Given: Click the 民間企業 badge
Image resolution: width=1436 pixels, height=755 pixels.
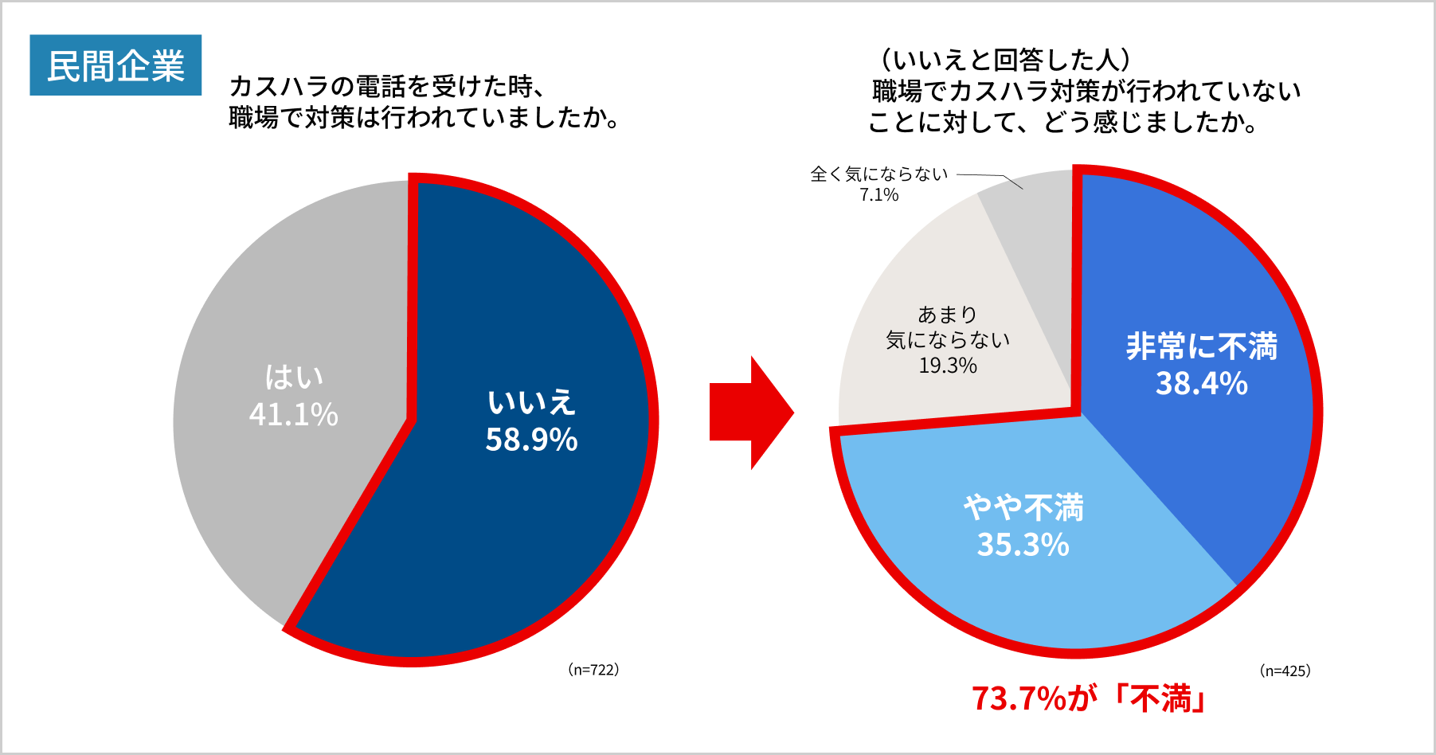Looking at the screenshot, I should [x=115, y=65].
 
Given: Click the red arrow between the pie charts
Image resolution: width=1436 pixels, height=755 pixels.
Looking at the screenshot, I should [x=749, y=413].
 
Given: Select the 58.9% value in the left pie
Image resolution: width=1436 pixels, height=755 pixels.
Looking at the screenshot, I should [x=531, y=440].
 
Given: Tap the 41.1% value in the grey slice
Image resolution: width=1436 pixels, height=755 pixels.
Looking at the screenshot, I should [x=293, y=415].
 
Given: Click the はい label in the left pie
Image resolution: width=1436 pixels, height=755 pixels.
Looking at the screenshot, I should [x=294, y=377].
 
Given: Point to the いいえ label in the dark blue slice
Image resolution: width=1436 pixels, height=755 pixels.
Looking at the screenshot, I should [x=531, y=402].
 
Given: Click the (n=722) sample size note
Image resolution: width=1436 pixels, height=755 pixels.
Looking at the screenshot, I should [x=593, y=670].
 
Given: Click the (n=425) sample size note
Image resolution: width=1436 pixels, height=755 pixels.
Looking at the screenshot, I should [x=1285, y=671].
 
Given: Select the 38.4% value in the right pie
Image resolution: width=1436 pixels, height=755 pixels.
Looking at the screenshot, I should [x=1201, y=384].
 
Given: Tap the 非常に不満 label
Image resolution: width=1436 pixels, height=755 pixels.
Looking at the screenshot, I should [x=1201, y=346].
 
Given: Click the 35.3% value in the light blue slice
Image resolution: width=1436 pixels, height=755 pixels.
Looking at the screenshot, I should [x=1023, y=546].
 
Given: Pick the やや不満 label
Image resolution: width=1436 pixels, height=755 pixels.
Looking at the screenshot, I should [x=1023, y=507].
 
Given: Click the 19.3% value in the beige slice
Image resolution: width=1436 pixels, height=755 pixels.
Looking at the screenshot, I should [x=948, y=366].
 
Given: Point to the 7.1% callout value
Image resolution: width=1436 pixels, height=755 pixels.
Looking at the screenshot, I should [x=878, y=195].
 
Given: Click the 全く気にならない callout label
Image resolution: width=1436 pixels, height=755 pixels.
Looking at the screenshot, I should [x=878, y=174].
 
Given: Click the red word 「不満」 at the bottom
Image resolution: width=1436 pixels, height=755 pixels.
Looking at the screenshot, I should [x=1160, y=698].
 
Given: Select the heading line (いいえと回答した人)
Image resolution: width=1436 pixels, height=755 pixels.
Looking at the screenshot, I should [x=1004, y=60].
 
